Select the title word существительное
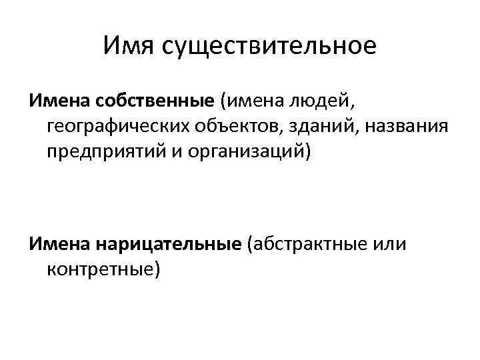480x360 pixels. point(266,46)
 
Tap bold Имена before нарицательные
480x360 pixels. point(60,245)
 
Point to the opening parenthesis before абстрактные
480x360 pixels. point(249,245)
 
